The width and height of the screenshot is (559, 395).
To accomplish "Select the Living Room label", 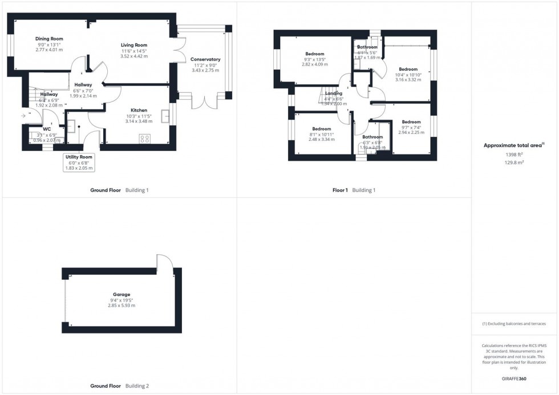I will click(x=134, y=45).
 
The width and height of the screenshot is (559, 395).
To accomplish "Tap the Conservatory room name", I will click(x=205, y=59).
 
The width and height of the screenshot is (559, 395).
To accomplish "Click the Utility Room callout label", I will click(x=79, y=156).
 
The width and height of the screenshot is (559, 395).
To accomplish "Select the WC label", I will click(x=47, y=129).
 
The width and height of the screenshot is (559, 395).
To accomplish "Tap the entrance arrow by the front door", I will click(x=23, y=116).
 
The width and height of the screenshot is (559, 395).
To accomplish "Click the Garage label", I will click(x=123, y=295).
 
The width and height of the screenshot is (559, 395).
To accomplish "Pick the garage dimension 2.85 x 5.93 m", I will click(x=123, y=306).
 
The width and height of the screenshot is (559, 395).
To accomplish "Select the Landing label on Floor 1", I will click(x=334, y=93).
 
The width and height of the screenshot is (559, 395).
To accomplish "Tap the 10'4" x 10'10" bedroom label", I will click(x=408, y=75).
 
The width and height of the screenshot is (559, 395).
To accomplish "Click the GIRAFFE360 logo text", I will click(x=515, y=378).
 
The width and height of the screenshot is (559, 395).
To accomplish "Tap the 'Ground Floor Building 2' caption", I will click(x=119, y=386).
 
